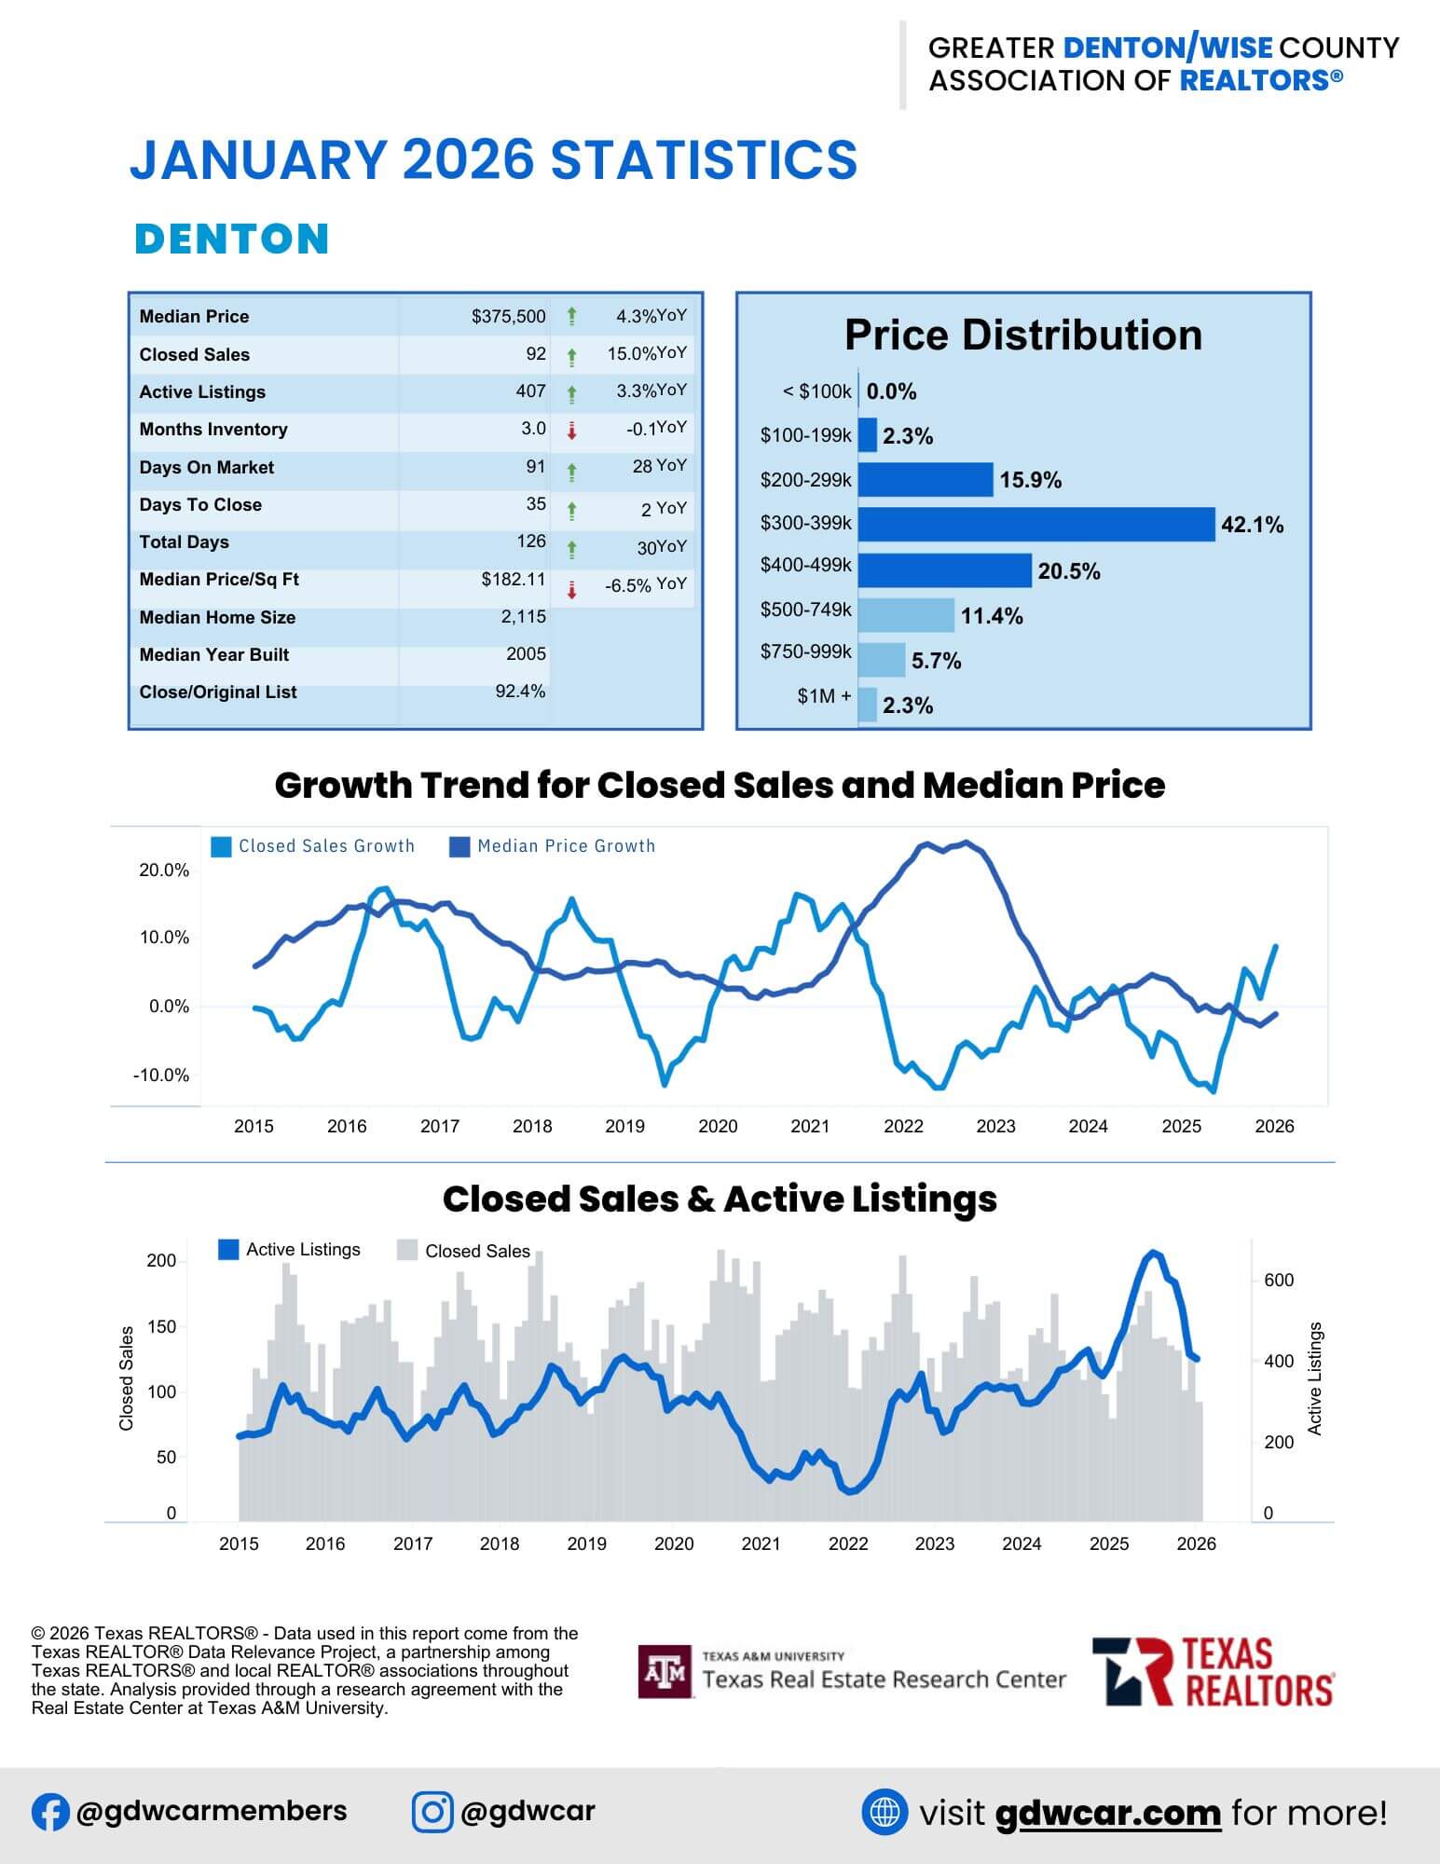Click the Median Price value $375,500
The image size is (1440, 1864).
point(508,317)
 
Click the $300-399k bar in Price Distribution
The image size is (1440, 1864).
point(1035,525)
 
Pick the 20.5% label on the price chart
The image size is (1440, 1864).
point(1068,571)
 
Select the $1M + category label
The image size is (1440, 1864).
point(824,696)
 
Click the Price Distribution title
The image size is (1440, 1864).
point(1022,336)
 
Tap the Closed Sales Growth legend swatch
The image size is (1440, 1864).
point(222,846)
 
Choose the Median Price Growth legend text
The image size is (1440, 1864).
point(566,846)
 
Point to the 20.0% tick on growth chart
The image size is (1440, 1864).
point(164,870)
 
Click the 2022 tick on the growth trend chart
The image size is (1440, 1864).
point(902,1126)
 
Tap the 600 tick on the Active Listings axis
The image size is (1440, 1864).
point(1279,1280)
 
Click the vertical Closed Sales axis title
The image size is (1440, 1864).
point(127,1377)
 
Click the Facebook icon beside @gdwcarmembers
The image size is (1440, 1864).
point(50,1812)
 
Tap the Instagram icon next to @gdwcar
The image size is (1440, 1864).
point(432,1812)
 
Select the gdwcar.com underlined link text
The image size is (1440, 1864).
point(1107,1813)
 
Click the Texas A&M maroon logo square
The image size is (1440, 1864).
point(665,1671)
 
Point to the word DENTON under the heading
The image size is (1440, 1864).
point(232,239)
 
